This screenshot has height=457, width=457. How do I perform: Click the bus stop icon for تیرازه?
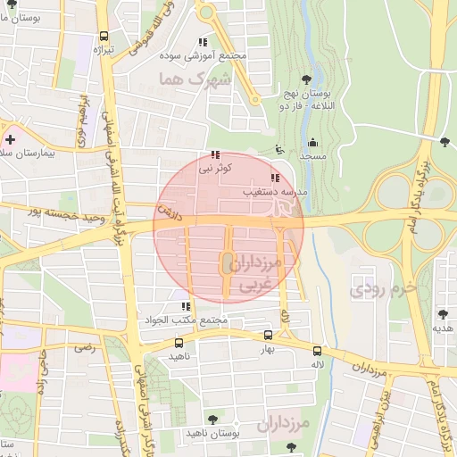coord(104,37)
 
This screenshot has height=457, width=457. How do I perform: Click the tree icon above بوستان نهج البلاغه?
coord(307,81)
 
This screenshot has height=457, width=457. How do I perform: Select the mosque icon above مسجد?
coord(312,143)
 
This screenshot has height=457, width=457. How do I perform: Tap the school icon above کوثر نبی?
coord(215,154)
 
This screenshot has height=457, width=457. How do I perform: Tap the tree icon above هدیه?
coord(443,313)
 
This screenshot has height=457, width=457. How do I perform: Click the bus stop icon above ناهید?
coord(179,343)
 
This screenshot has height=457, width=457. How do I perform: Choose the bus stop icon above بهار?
coord(269,337)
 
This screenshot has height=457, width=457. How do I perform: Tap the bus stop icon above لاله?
coord(318,350)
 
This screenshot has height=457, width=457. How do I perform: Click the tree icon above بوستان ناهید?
coord(212,419)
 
